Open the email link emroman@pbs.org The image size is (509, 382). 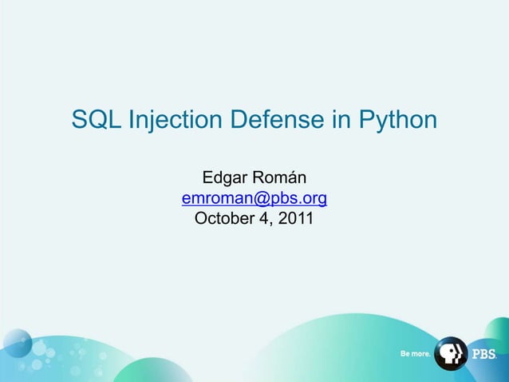(x=254, y=197)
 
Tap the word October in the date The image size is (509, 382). (x=223, y=217)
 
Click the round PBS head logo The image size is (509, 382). (x=451, y=353)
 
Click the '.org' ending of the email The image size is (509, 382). (x=314, y=198)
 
